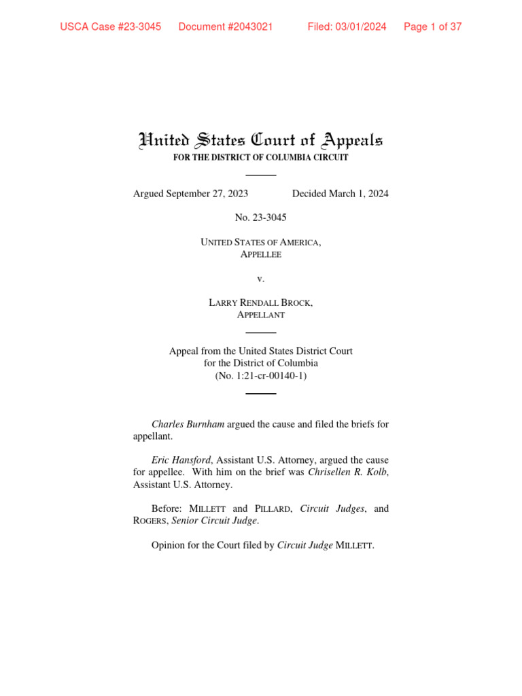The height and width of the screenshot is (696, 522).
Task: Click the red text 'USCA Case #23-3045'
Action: click(x=111, y=27)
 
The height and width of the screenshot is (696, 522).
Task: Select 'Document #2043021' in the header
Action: click(x=226, y=27)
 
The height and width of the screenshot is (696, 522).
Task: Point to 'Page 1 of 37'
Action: click(x=433, y=27)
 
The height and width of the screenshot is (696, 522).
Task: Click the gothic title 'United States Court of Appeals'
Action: click(x=261, y=141)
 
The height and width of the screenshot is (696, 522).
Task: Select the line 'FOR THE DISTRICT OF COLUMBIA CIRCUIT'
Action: click(x=261, y=158)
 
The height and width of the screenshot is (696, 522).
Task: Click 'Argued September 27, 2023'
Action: click(x=190, y=194)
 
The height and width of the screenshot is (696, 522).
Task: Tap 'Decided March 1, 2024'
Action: click(x=341, y=194)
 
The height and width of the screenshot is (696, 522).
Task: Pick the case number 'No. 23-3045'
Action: click(x=261, y=217)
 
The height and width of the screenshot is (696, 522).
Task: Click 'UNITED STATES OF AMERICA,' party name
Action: click(x=261, y=242)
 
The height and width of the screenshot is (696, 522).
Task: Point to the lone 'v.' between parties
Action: click(x=261, y=279)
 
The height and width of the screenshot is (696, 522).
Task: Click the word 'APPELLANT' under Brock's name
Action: click(x=261, y=315)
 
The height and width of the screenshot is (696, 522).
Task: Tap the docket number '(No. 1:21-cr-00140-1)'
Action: click(x=261, y=375)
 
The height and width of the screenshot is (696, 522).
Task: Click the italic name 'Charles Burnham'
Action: click(x=188, y=424)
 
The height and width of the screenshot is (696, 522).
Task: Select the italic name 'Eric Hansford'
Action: click(x=181, y=460)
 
